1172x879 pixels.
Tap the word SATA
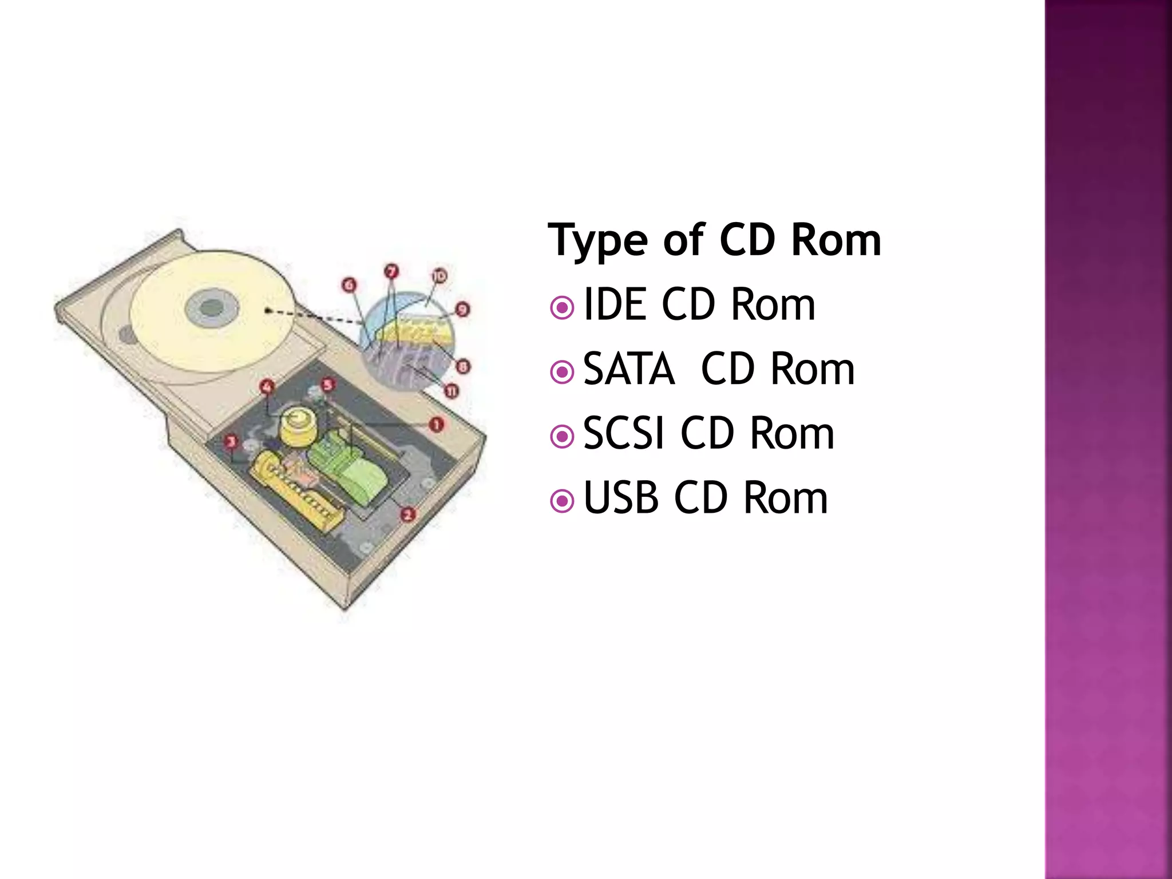[x=629, y=369]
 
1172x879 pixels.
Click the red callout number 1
[x=437, y=425]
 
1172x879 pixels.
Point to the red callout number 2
[x=407, y=514]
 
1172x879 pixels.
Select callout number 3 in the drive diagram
[x=231, y=441]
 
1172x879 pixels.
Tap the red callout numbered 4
[x=267, y=387]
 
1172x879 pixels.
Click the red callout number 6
[x=349, y=284]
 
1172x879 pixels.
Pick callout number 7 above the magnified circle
[x=391, y=271]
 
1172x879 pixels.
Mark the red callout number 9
[x=462, y=310]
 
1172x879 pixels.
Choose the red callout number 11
[x=452, y=391]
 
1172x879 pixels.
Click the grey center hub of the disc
[x=212, y=307]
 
